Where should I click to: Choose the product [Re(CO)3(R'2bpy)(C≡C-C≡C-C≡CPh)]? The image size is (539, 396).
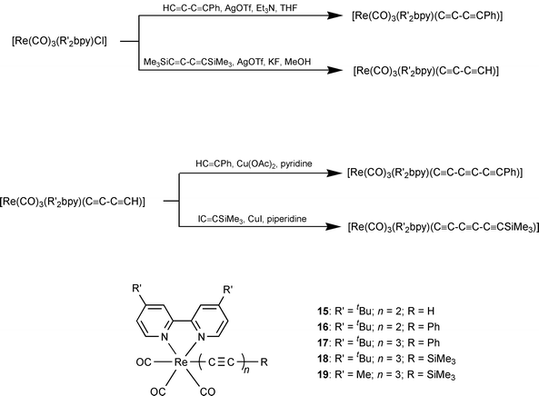point(424,172)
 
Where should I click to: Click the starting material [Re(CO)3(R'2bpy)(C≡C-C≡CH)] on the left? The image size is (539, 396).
point(83,197)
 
